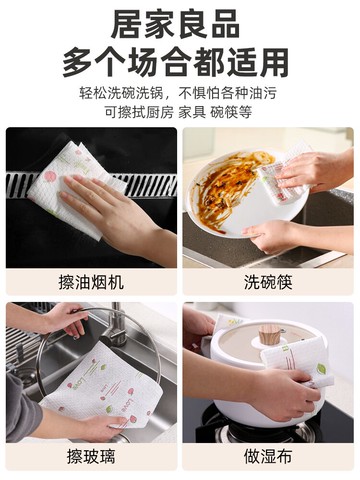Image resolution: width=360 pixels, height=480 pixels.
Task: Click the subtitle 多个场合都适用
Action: point(180,63)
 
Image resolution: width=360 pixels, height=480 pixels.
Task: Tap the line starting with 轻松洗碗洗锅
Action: point(180,95)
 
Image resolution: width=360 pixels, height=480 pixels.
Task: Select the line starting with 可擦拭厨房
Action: point(180,113)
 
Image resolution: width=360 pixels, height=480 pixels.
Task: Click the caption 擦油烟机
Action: point(91,283)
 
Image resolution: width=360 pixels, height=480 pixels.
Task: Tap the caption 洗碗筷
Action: point(267,283)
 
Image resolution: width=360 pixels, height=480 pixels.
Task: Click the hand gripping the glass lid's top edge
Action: point(65,318)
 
